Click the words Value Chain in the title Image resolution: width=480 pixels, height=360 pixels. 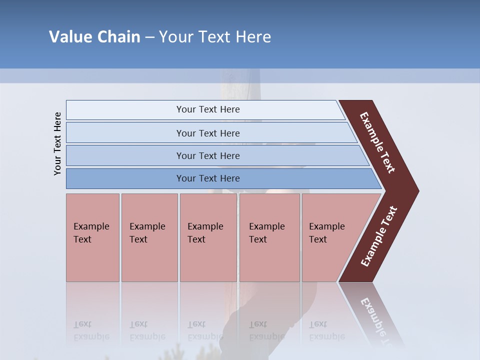click(x=94, y=37)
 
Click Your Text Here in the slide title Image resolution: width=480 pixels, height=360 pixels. click(x=215, y=37)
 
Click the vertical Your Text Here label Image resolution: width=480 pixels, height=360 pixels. click(x=57, y=143)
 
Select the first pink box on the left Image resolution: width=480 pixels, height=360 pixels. click(x=92, y=237)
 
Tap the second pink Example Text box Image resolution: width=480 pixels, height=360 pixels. click(x=149, y=237)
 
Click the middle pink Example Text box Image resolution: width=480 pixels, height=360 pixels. click(x=208, y=237)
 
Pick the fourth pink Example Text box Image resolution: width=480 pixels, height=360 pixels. click(x=269, y=237)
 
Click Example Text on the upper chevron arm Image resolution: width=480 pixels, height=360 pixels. click(x=377, y=142)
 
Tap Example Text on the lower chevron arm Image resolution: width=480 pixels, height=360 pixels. click(x=379, y=236)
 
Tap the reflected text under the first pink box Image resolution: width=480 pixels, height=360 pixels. click(x=91, y=330)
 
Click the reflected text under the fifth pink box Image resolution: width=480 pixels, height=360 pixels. click(x=326, y=330)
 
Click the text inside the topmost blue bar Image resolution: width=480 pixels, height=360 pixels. click(x=208, y=109)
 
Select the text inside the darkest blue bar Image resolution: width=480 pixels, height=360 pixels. click(x=208, y=178)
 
